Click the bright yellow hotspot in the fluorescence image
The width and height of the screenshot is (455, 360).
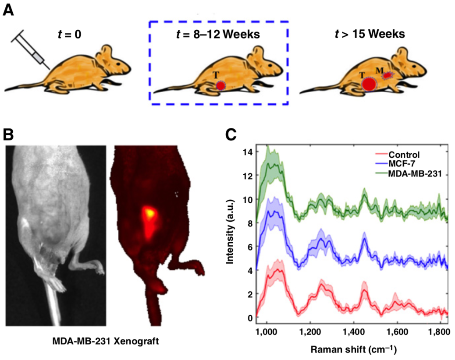[x=150, y=213]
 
